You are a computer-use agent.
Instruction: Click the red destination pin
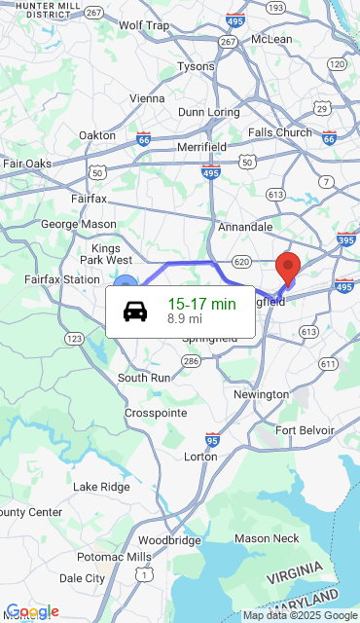(x=288, y=266)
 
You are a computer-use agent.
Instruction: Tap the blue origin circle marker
(x=126, y=284)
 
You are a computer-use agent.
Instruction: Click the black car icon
(x=135, y=311)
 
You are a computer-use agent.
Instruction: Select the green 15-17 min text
(x=201, y=304)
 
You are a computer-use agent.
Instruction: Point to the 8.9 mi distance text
(x=185, y=318)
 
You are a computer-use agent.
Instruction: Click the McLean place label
(x=271, y=39)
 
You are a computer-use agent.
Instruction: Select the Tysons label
(x=197, y=66)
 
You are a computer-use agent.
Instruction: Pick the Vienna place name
(x=147, y=97)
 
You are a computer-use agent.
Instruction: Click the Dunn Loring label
(x=209, y=112)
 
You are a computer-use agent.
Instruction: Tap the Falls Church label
(x=280, y=132)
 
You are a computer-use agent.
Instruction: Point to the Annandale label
(x=245, y=227)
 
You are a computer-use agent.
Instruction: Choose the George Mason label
(x=78, y=224)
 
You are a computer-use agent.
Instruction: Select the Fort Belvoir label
(x=305, y=430)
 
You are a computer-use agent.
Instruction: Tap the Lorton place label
(x=200, y=456)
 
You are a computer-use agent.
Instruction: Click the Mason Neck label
(x=267, y=538)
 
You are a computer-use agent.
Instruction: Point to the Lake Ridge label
(x=101, y=486)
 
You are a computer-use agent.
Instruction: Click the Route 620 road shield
(x=242, y=262)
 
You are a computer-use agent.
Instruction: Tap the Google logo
(x=32, y=611)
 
